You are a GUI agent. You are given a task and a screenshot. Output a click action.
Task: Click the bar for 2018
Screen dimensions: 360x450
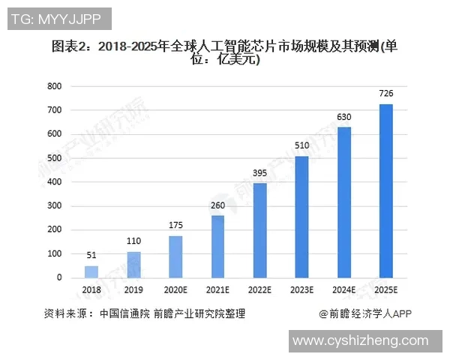click(x=91, y=271)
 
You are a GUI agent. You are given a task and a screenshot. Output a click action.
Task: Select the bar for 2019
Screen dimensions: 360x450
click(x=133, y=265)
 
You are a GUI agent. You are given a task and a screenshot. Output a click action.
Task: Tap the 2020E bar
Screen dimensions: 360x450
click(x=175, y=257)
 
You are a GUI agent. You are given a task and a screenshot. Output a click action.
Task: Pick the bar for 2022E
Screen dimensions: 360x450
click(x=259, y=231)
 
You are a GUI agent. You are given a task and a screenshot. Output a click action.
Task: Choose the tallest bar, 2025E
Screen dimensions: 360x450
click(x=385, y=191)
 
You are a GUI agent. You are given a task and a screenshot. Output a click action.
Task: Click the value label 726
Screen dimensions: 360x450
click(x=385, y=94)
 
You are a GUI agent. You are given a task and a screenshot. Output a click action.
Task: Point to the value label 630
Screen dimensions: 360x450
click(x=343, y=117)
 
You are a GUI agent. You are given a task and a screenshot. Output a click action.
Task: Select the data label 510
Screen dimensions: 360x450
click(x=301, y=145)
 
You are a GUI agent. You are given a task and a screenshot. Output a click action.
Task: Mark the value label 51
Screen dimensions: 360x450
click(x=91, y=255)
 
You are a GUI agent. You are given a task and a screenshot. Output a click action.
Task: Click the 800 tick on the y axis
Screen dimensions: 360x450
click(x=54, y=86)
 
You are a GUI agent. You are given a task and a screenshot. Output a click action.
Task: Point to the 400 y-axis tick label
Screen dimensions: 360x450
click(x=54, y=182)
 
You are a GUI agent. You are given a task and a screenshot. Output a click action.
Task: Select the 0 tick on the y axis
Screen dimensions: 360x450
click(x=59, y=278)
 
